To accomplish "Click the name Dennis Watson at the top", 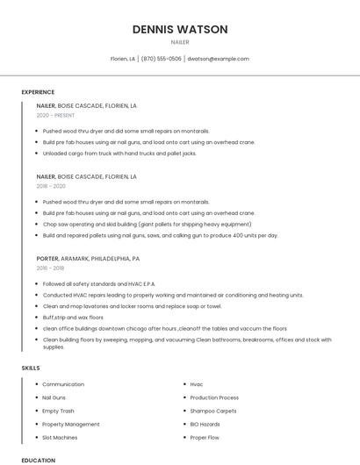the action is (x=180, y=29).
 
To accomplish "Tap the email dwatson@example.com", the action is (x=218, y=59).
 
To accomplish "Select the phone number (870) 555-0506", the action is (x=162, y=59).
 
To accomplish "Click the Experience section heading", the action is (x=38, y=92).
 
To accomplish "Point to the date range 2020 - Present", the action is (x=55, y=116).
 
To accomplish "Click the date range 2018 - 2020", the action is (x=51, y=186).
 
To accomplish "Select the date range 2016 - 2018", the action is (x=51, y=269).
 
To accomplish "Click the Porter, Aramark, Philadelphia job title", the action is (x=88, y=259).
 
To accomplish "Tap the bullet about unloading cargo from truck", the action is (x=119, y=153).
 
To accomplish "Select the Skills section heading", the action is (x=31, y=368).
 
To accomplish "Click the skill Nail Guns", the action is (x=54, y=397).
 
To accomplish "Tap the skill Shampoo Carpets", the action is (x=213, y=411).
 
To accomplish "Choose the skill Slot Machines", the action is (x=60, y=437).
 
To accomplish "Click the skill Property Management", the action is (x=71, y=424).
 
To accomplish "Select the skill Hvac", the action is (x=197, y=384).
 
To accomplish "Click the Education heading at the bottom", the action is (x=39, y=460).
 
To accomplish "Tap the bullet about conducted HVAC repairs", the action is (x=173, y=295).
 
